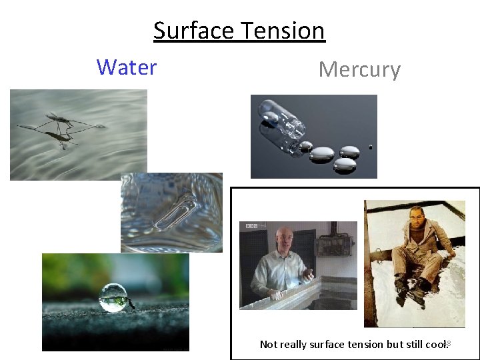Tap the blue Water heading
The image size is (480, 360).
[x=126, y=67]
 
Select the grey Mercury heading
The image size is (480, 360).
[x=359, y=69]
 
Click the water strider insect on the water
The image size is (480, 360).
[x=63, y=125]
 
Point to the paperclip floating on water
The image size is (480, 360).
[x=175, y=213]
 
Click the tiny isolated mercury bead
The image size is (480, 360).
[x=371, y=147]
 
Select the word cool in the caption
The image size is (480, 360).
[x=434, y=345]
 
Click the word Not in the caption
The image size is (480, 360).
[x=268, y=345]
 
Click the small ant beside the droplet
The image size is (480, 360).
[x=131, y=305]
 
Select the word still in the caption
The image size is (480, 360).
[x=412, y=345]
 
